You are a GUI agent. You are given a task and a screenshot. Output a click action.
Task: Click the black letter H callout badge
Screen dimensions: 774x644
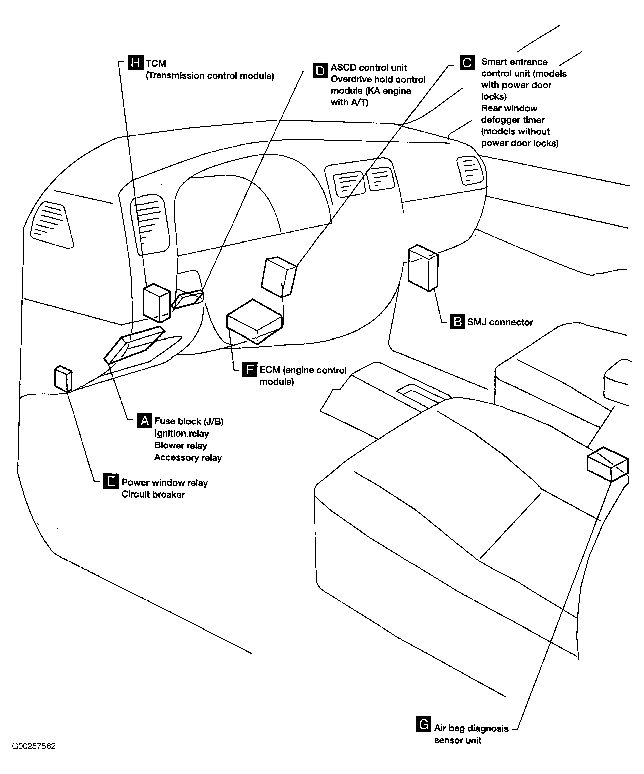(x=135, y=62)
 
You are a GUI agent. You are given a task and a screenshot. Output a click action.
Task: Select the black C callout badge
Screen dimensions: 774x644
(x=467, y=62)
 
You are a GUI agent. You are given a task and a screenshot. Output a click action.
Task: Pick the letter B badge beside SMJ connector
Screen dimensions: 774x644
(x=457, y=322)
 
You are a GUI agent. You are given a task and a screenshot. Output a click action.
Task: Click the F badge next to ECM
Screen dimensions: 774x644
(x=249, y=369)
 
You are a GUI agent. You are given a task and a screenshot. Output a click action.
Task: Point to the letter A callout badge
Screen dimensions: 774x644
(x=144, y=420)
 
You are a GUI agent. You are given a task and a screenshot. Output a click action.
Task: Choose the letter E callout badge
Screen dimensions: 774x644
(x=111, y=481)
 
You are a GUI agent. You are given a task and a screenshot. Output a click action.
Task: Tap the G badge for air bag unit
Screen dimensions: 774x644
(x=424, y=724)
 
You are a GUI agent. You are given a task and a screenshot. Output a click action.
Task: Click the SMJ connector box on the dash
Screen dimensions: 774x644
(x=423, y=268)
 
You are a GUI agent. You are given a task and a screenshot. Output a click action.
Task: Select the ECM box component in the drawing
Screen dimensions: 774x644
(x=254, y=321)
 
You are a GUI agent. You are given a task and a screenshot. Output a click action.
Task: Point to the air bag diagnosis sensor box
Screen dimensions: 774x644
(x=608, y=464)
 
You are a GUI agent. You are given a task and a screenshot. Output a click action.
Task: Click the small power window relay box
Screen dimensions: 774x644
(x=63, y=378)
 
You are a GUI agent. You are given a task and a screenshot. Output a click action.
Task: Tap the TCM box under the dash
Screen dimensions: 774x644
(x=156, y=303)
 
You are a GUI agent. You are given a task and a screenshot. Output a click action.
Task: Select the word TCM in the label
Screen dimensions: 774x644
(x=156, y=64)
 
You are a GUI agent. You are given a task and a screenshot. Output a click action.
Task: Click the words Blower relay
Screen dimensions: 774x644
(x=180, y=445)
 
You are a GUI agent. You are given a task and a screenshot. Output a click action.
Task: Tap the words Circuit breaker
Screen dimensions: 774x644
(x=153, y=494)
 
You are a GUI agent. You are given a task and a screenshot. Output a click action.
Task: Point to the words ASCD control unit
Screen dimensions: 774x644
(x=368, y=68)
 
